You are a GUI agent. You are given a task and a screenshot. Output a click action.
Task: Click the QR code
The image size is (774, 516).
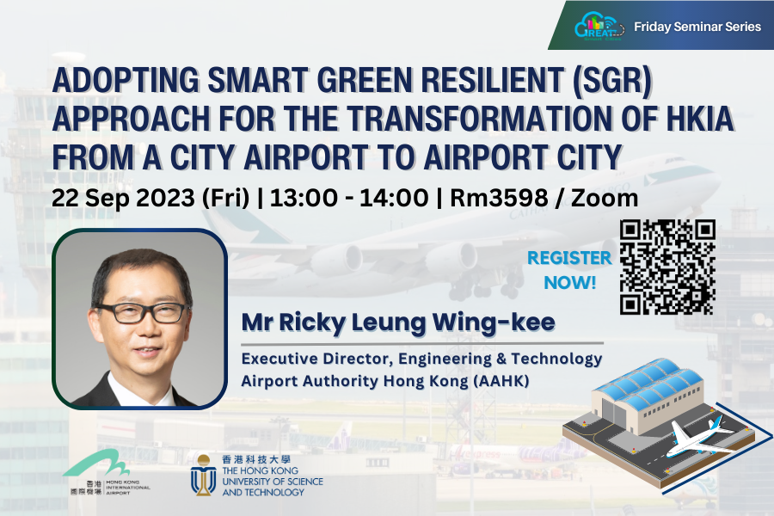pos(667,267)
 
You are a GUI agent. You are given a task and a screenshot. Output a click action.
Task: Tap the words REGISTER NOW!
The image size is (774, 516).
pos(569,270)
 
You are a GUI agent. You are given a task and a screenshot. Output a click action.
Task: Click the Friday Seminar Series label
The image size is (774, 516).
pos(697,27)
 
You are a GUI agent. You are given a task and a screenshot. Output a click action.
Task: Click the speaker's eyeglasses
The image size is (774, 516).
pos(142,312)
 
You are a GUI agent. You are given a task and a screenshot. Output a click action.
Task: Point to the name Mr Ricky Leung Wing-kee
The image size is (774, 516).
pos(398,323)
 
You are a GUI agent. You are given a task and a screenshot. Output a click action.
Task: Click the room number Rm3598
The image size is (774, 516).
pos(499,198)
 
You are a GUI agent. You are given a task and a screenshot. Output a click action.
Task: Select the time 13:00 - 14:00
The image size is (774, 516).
pos(349,198)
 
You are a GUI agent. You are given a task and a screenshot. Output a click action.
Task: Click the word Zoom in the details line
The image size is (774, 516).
pos(605,198)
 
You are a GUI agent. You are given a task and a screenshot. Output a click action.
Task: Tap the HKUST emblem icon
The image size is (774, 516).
pos(203,476)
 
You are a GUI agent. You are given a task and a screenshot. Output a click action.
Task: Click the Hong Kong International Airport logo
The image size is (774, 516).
pos(106,472)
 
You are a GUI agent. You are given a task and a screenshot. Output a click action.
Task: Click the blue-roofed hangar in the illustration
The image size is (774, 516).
pos(648,395)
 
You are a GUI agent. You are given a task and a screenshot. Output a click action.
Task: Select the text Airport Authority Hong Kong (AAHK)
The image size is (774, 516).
pos(385,381)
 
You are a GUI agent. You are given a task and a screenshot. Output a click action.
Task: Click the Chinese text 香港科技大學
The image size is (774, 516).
pos(256,459)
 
